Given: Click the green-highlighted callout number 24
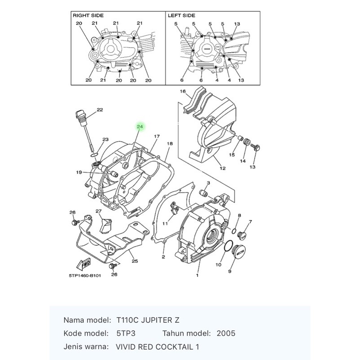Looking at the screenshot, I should pyautogui.click(x=140, y=127).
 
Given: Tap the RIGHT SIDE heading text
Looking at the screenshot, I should pyautogui.click(x=88, y=16).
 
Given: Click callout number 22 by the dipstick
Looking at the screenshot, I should pyautogui.click(x=100, y=110).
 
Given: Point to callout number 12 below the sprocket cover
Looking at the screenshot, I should pyautogui.click(x=222, y=168).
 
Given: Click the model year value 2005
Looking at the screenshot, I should pyautogui.click(x=226, y=333).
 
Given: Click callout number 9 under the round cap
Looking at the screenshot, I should pyautogui.click(x=229, y=271).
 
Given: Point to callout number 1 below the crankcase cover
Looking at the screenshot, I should pyautogui.click(x=197, y=275).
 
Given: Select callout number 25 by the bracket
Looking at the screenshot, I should pyautogui.click(x=134, y=261).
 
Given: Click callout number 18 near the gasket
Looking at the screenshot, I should pyautogui.click(x=170, y=144).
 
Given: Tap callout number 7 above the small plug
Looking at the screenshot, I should pyautogui.click(x=250, y=222).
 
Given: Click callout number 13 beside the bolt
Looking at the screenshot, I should pyautogui.click(x=252, y=167).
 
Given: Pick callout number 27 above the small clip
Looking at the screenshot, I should pyautogui.click(x=99, y=211).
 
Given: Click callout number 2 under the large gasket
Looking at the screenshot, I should pyautogui.click(x=163, y=256).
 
